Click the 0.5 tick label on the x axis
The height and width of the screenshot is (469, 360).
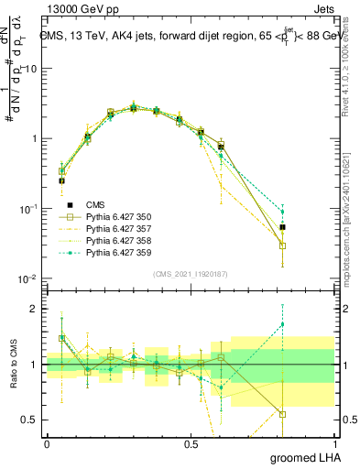coord(191,443)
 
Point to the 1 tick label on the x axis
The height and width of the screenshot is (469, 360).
coord(334,443)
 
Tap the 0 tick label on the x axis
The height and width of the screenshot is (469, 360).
coord(47,443)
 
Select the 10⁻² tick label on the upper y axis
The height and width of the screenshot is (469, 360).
coord(28,278)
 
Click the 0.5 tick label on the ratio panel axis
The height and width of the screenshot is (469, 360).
coord(30,420)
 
